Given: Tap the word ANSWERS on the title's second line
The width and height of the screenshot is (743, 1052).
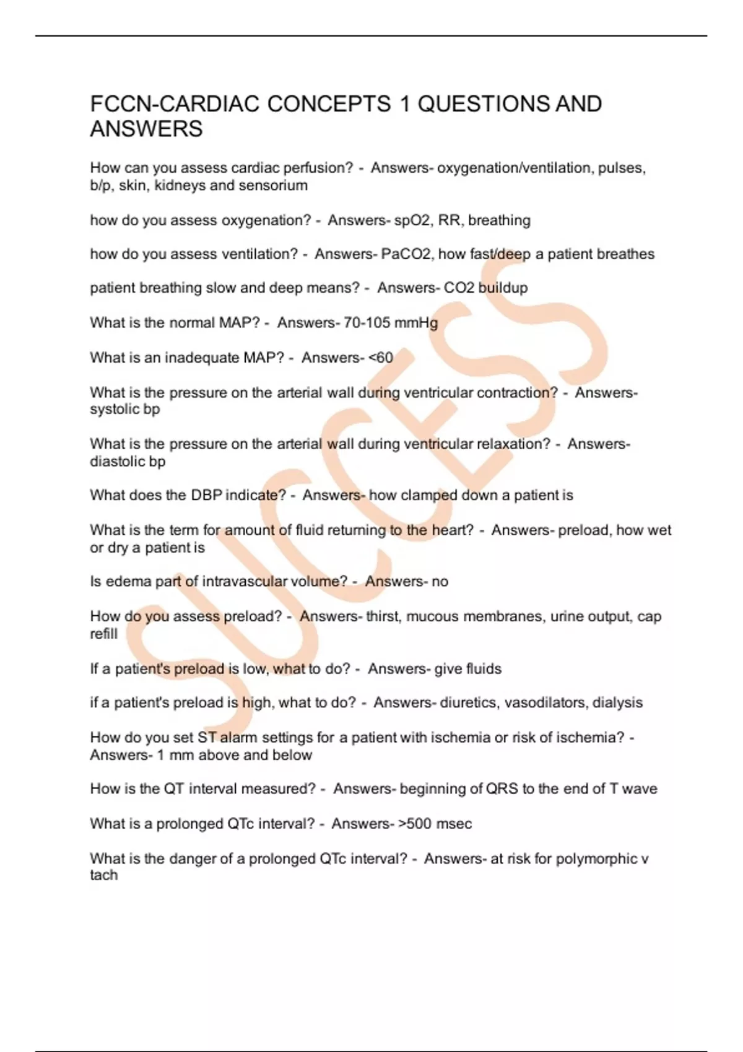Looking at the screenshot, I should pyautogui.click(x=146, y=129).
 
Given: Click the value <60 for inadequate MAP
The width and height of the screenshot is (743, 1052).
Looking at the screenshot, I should pyautogui.click(x=380, y=358).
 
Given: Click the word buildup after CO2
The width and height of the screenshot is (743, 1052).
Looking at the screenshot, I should pyautogui.click(x=503, y=288).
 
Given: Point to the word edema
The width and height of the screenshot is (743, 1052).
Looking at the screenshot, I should pyautogui.click(x=125, y=582).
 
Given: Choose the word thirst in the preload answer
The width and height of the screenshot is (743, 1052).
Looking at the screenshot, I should pyautogui.click(x=382, y=616).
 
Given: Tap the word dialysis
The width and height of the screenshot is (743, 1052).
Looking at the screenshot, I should pyautogui.click(x=617, y=703).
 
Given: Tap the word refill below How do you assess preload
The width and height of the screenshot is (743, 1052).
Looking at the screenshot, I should pyautogui.click(x=103, y=634).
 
